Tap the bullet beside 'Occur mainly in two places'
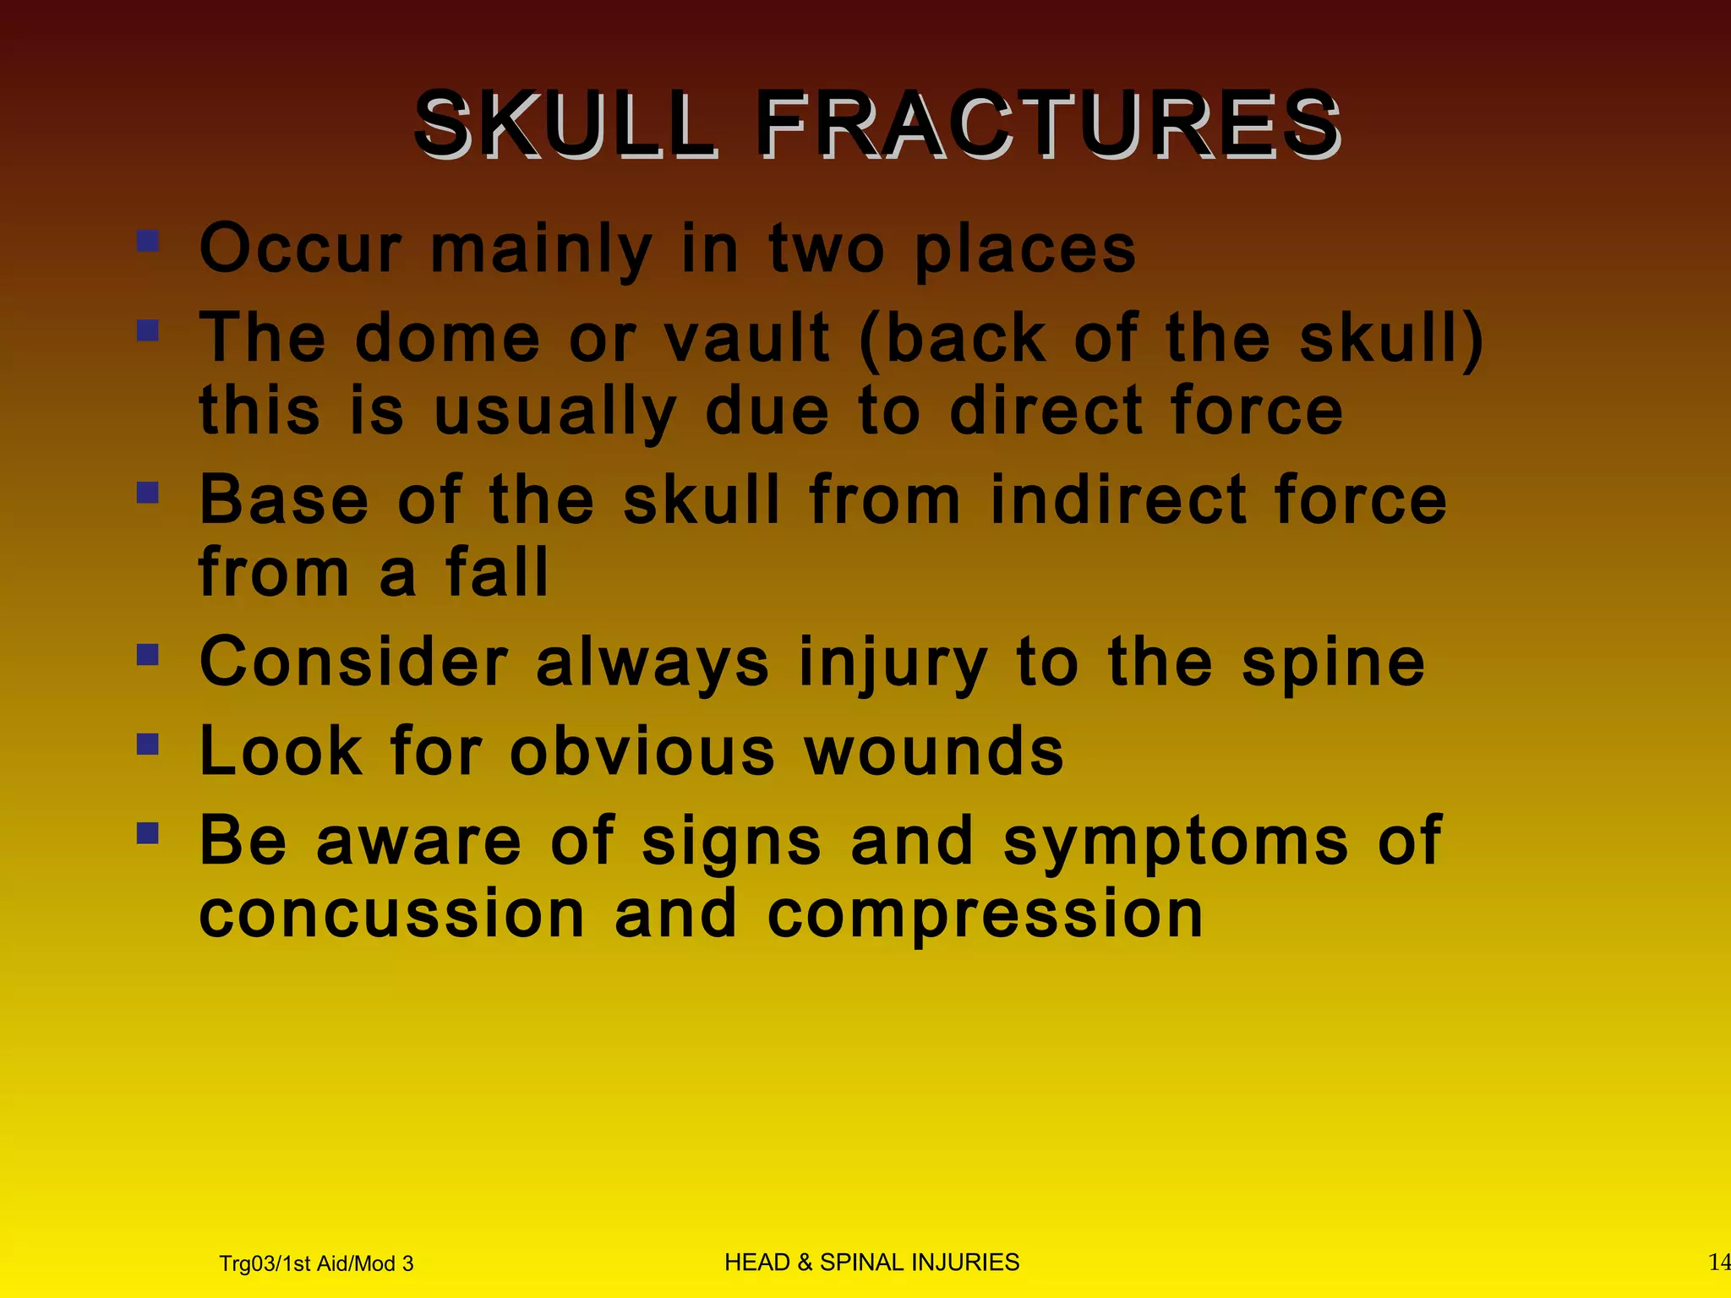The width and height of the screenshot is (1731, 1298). click(148, 242)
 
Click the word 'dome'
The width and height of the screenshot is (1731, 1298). click(447, 338)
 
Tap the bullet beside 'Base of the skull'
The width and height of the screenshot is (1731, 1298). click(148, 492)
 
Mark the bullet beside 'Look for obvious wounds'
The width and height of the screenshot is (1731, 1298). click(148, 744)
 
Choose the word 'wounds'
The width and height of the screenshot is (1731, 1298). click(933, 751)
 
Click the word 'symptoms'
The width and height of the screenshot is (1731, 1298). click(1175, 843)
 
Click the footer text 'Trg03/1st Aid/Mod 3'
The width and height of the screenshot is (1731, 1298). click(316, 1263)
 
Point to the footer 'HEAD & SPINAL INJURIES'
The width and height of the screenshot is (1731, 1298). click(871, 1262)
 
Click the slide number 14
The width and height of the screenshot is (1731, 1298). click(1718, 1263)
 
